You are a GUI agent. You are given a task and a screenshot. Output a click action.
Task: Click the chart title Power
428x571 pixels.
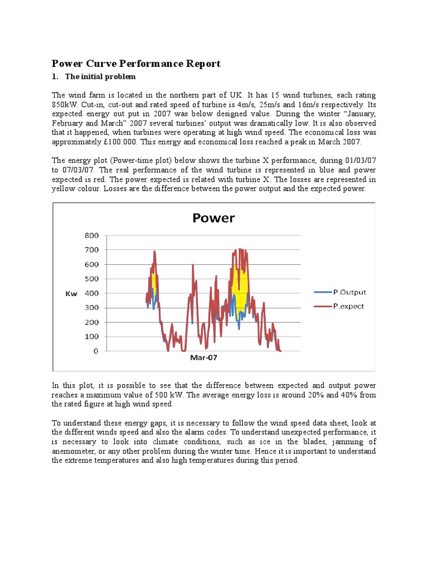[x=213, y=217]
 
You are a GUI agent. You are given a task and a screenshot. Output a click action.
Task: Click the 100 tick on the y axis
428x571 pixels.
[x=91, y=337]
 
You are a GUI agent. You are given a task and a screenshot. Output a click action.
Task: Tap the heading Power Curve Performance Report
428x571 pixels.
[x=136, y=64]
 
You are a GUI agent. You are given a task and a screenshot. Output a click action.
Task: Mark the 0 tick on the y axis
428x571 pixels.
[x=96, y=351]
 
